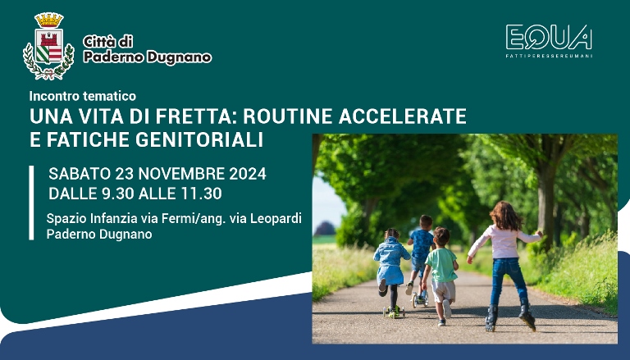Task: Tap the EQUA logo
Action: tap(548, 39)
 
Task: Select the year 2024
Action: tap(245, 174)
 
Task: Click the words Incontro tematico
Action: tap(82, 96)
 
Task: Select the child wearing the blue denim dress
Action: tap(390, 261)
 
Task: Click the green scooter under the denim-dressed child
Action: tap(394, 311)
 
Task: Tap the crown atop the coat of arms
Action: tap(48, 19)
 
